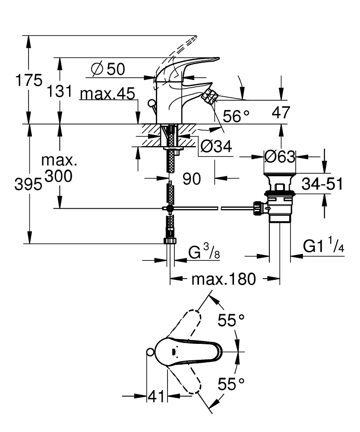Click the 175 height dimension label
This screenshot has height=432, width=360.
pyautogui.click(x=29, y=81)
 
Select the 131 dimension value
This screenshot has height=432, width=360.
pyautogui.click(x=59, y=91)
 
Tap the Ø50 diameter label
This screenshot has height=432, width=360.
pyautogui.click(x=108, y=69)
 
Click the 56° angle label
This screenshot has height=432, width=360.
pyautogui.click(x=236, y=115)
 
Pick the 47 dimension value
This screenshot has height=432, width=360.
pyautogui.click(x=281, y=113)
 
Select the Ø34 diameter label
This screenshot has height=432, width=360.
pyautogui.click(x=216, y=147)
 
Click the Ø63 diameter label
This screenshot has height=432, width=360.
pyautogui.click(x=279, y=156)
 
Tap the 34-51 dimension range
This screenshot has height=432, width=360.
pyautogui.click(x=322, y=184)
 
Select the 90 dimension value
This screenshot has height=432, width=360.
pyautogui.click(x=191, y=178)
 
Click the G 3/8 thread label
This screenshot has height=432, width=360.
pyautogui.click(x=204, y=252)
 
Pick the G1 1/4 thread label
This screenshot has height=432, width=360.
pyautogui.click(x=323, y=247)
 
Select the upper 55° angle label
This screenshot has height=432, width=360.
pyautogui.click(x=231, y=320)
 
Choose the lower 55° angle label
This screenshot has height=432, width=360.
pyautogui.click(x=231, y=383)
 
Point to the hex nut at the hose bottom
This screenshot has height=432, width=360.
pyautogui.click(x=170, y=241)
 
